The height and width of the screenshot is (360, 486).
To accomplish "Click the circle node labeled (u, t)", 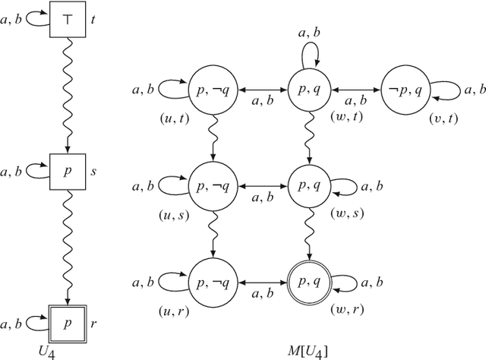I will pyautogui.click(x=212, y=87).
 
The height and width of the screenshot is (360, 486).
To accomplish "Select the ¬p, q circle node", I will pyautogui.click(x=405, y=87).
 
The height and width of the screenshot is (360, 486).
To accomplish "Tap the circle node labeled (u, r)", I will pyautogui.click(x=212, y=279).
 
